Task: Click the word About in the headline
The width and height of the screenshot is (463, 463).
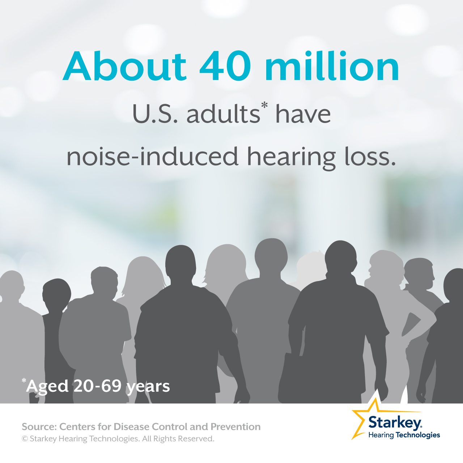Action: click(x=124, y=66)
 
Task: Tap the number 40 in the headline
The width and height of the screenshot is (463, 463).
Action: click(x=225, y=66)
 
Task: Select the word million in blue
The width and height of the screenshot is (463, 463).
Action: click(x=332, y=66)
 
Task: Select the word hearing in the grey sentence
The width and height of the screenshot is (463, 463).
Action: click(x=291, y=158)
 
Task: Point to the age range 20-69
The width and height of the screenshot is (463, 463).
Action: click(x=97, y=387)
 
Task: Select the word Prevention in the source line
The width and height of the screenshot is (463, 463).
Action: click(x=235, y=427)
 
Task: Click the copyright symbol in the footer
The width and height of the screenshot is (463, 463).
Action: click(x=25, y=439)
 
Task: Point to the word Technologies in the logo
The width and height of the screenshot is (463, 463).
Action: click(x=417, y=435)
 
